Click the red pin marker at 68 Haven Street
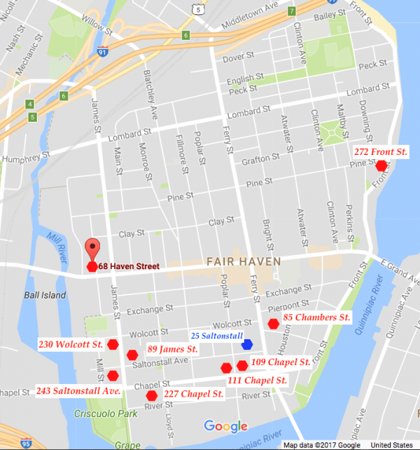(92, 250)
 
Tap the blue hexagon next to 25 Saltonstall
(246, 344)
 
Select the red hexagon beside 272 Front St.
(381, 165)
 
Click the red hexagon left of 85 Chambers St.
(273, 323)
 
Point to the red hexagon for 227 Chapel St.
(151, 395)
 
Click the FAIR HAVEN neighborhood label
(243, 261)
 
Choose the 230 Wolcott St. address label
(71, 344)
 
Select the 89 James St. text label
(172, 348)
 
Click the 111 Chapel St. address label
(258, 380)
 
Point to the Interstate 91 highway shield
(85, 51)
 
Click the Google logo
(225, 426)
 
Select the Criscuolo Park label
(102, 414)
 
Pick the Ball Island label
(44, 295)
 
